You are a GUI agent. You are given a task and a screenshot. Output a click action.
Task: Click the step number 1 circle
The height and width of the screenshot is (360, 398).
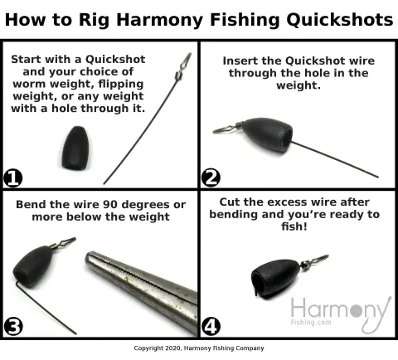click(12, 178)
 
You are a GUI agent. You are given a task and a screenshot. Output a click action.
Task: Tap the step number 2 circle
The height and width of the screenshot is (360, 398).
click(211, 178)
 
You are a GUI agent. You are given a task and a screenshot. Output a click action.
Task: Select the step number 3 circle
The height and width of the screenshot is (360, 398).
click(13, 326)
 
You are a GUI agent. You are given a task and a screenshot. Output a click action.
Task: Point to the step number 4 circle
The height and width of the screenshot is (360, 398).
click(211, 326)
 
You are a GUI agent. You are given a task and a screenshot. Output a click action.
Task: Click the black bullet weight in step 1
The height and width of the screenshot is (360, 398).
click(75, 148)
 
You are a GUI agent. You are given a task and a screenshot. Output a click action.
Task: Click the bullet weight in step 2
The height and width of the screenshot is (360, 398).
click(268, 134)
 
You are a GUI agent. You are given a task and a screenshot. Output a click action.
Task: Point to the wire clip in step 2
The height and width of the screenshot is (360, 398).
click(227, 128)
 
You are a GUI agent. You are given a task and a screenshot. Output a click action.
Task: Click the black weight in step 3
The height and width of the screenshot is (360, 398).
click(33, 266)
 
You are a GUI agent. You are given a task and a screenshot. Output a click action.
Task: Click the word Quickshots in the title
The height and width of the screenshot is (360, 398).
click(340, 20)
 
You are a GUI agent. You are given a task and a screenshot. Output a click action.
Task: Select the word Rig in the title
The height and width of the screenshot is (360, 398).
click(94, 21)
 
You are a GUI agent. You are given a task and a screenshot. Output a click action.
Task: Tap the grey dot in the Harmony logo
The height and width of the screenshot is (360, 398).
click(356, 310)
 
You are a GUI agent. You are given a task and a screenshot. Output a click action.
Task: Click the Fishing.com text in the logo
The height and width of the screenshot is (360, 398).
click(311, 323)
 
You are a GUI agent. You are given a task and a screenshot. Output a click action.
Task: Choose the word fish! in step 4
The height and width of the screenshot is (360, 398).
click(294, 226)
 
